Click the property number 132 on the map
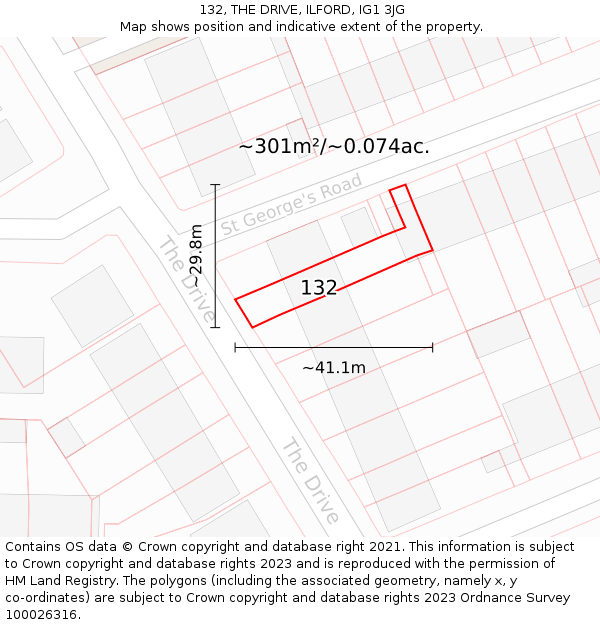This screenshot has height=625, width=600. [319, 288]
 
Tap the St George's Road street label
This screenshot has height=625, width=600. [291, 205]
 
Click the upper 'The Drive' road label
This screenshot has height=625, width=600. [186, 277]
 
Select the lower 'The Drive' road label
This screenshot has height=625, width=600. [311, 480]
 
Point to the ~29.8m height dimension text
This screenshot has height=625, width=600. [196, 256]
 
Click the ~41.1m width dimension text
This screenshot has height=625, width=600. [334, 368]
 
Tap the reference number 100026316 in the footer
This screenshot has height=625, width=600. [39, 615]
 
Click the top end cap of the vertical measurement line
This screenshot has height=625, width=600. [215, 184]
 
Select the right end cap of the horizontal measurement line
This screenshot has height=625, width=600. [432, 347]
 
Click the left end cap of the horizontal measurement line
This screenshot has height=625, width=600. [235, 347]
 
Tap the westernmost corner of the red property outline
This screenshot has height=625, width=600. [235, 299]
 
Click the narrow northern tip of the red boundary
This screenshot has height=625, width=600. [397, 187]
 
